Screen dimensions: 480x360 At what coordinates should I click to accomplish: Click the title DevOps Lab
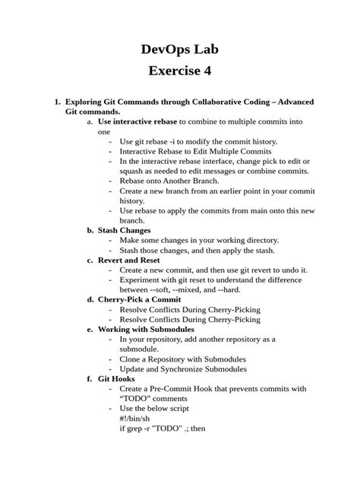[180, 51]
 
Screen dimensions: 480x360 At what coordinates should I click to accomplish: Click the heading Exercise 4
[180, 72]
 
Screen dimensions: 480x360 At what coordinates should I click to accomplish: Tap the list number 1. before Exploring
[55, 101]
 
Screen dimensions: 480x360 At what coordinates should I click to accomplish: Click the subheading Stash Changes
[124, 229]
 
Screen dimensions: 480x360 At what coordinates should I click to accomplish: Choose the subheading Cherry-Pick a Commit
[139, 299]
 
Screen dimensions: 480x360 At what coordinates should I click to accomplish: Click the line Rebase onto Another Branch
[169, 180]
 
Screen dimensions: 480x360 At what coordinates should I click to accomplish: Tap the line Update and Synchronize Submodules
[183, 368]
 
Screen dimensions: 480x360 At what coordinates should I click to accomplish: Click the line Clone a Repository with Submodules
[182, 358]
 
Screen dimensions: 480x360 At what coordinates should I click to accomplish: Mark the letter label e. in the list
[90, 329]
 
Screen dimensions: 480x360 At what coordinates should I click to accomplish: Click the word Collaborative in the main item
[210, 101]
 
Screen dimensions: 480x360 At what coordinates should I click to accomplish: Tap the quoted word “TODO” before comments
[136, 398]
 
